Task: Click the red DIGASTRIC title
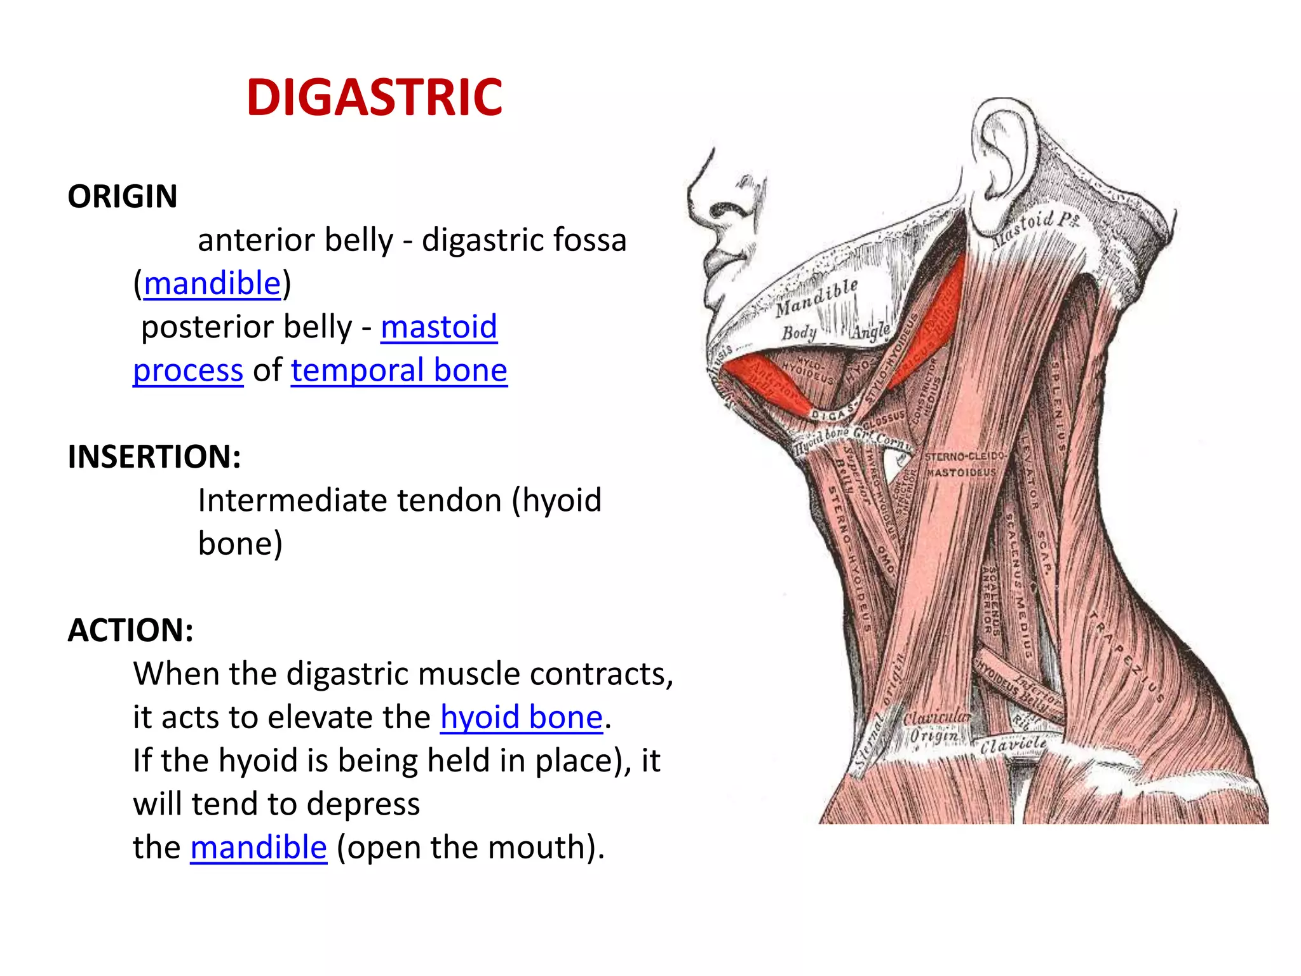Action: coord(374,98)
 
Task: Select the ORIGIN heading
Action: coord(123,196)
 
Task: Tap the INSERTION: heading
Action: coord(154,457)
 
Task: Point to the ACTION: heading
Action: coord(130,630)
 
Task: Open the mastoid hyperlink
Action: coord(439,327)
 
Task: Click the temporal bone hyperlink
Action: coord(399,370)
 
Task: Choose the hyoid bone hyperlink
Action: coord(521,717)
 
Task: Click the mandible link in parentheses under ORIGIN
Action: coord(212,283)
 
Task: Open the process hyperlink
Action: coord(188,370)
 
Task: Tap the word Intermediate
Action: coord(292,501)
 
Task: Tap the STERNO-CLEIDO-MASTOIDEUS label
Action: coord(962,464)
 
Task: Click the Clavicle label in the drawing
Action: coord(1013,744)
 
